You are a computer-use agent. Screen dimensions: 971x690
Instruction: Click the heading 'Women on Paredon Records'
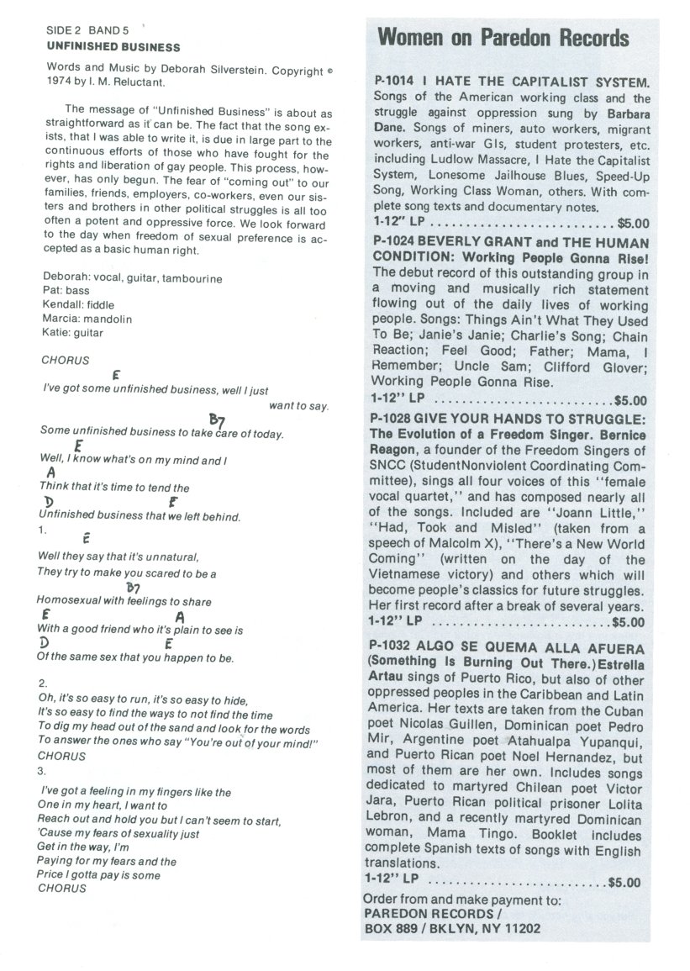point(503,38)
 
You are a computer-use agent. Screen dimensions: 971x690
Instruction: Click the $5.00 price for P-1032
point(623,883)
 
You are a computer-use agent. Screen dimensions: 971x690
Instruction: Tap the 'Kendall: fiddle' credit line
point(77,304)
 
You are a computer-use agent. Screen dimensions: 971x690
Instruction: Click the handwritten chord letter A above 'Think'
point(51,473)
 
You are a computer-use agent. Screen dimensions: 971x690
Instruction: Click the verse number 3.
point(43,770)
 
